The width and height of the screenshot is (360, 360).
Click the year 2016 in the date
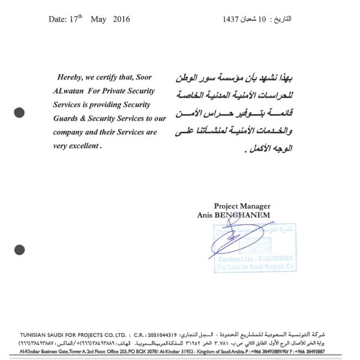119,20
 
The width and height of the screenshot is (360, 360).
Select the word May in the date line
98,20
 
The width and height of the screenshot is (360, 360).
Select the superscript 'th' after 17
83,17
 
